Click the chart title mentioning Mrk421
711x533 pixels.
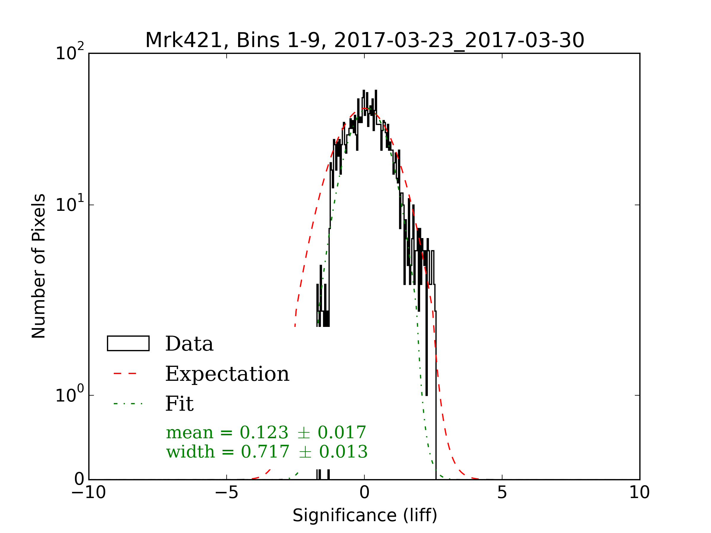point(364,41)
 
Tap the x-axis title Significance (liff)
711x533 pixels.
point(364,515)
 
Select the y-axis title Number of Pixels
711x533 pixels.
point(39,266)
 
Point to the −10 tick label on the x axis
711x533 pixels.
point(88,492)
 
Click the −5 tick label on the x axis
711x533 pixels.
point(226,492)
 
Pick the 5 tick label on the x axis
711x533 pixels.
point(502,492)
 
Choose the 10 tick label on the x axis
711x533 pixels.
point(639,492)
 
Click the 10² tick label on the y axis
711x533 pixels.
point(69,53)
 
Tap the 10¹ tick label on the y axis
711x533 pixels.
point(69,204)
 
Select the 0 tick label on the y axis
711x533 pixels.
point(79,479)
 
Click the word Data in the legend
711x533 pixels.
point(189,344)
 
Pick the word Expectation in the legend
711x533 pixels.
point(227,374)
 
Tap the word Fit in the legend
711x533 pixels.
point(179,404)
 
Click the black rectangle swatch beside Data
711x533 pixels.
point(128,343)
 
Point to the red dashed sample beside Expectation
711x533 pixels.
point(125,374)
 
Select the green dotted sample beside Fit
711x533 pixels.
point(128,404)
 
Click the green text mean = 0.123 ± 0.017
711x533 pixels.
point(266,432)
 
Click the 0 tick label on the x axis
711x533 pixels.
point(364,492)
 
